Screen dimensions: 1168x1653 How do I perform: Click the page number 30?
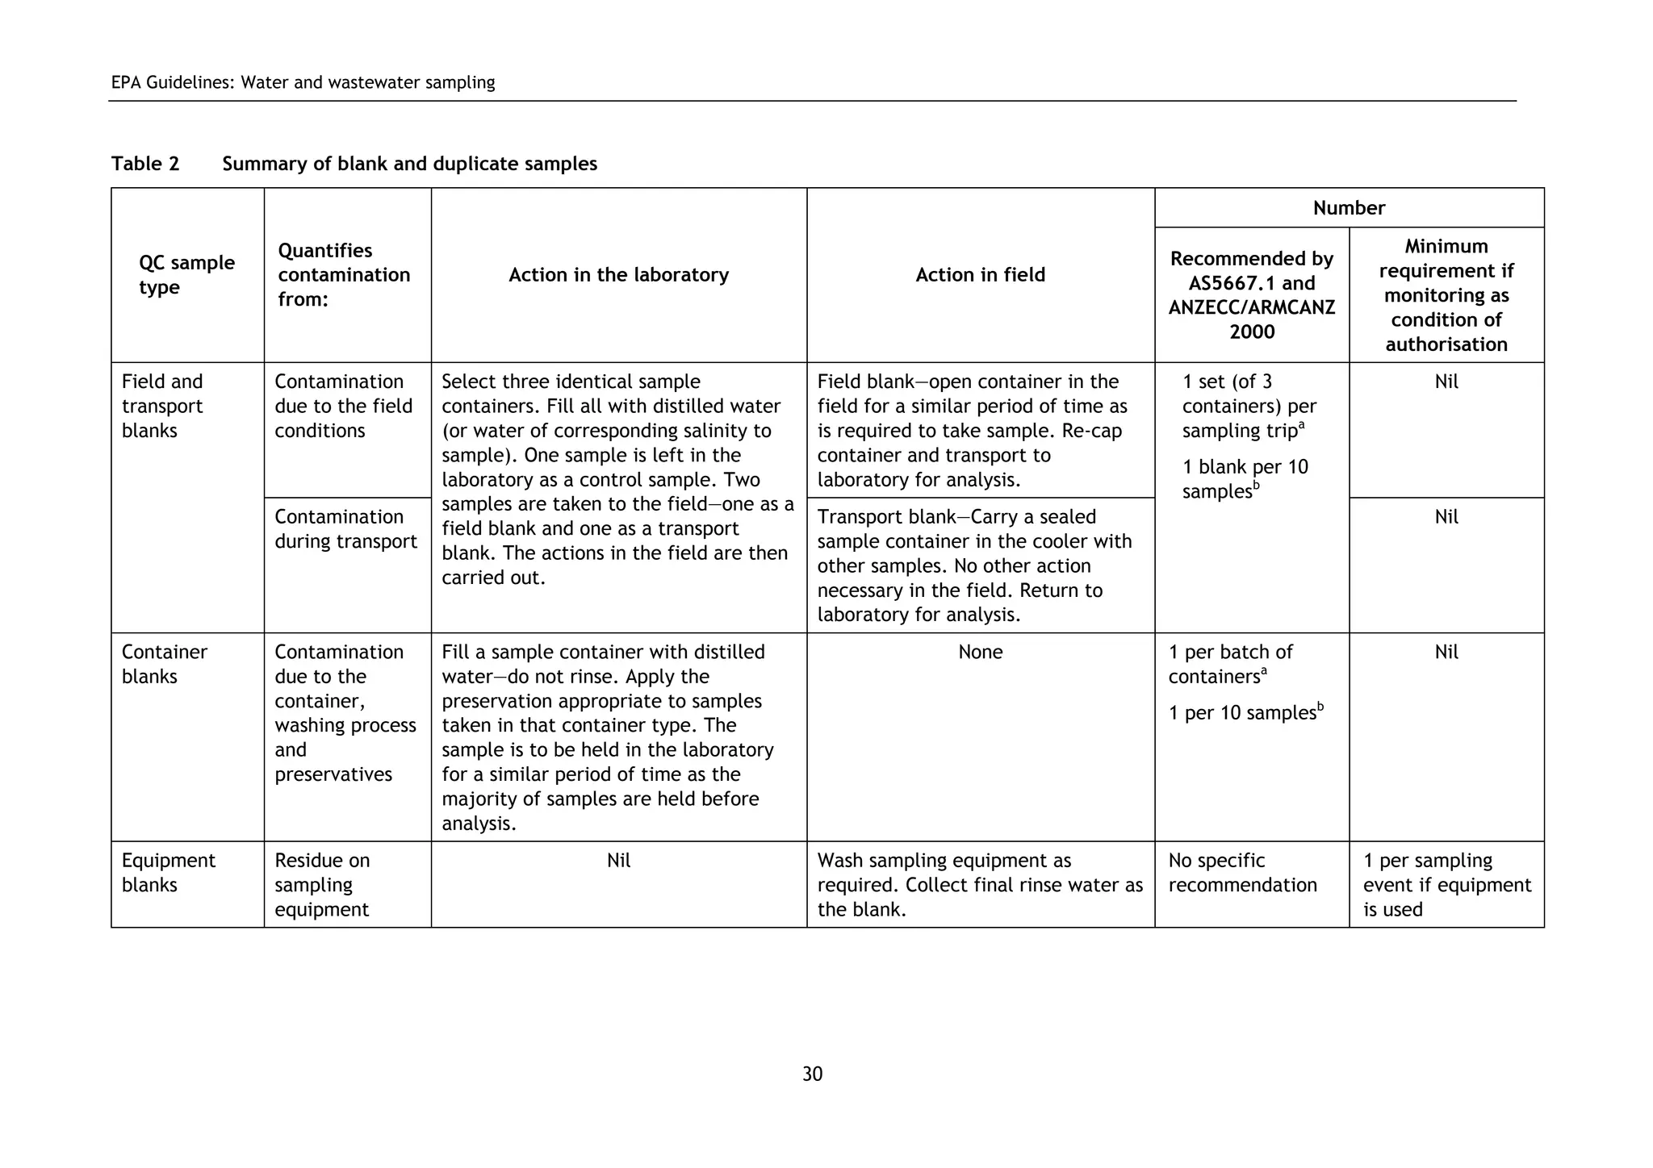coord(812,1074)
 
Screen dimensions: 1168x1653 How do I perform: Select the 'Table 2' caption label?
coord(145,164)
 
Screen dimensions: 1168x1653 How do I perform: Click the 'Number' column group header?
coord(1348,208)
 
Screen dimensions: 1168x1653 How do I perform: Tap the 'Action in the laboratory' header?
coord(618,275)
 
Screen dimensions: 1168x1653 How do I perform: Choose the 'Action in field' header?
coord(980,275)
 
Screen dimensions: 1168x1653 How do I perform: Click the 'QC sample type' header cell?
coord(186,275)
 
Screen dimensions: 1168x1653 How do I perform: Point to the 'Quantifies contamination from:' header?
coord(344,275)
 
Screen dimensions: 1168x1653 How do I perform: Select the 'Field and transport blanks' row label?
coord(162,406)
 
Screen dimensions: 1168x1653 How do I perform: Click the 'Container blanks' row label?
coord(164,664)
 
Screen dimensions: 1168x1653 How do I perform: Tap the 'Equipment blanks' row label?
coord(168,872)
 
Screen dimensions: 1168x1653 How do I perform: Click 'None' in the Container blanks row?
coord(980,652)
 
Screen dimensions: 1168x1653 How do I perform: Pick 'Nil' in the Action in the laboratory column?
coord(618,861)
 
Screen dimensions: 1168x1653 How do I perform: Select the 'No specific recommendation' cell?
coord(1242,873)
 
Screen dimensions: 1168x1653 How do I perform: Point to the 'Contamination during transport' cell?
coord(345,529)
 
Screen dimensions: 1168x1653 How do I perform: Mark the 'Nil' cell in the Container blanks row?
coord(1446,652)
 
